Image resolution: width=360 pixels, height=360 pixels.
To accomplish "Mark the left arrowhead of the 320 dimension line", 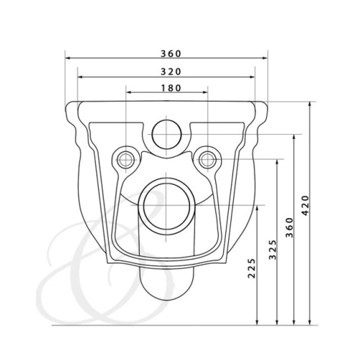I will (x=78, y=76).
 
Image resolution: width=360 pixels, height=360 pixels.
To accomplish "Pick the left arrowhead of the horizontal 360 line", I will (x=67, y=58).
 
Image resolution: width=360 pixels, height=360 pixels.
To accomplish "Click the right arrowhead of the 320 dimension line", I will (x=254, y=76).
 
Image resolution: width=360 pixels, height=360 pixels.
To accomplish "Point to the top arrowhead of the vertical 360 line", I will (x=294, y=135).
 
